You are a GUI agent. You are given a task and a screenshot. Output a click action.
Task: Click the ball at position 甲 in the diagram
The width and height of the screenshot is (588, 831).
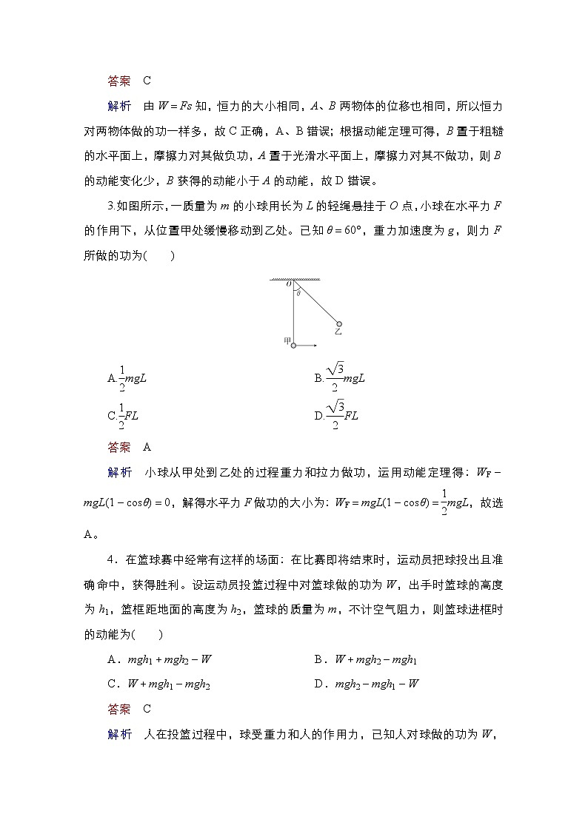click(x=293, y=345)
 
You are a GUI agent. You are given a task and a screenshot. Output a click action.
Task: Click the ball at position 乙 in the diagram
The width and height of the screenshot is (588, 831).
click(x=339, y=323)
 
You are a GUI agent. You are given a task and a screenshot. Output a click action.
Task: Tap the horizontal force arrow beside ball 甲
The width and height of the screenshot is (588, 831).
click(x=307, y=345)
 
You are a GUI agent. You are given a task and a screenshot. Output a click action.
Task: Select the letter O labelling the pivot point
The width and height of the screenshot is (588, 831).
click(x=290, y=286)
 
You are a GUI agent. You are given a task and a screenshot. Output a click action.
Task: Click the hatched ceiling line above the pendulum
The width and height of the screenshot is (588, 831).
click(x=294, y=280)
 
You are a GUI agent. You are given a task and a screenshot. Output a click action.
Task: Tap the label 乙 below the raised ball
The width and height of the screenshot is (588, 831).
click(x=338, y=332)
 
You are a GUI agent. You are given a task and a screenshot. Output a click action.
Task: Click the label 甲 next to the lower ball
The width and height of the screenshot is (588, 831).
click(x=286, y=340)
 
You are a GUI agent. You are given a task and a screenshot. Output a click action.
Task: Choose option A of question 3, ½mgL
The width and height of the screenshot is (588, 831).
click(x=127, y=378)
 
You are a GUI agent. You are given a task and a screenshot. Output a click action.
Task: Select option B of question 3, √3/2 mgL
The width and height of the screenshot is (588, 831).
click(x=340, y=378)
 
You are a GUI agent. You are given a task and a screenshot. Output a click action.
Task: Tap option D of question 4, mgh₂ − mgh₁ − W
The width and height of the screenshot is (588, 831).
click(x=367, y=684)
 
